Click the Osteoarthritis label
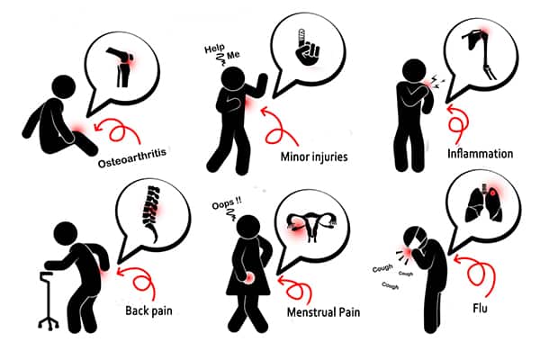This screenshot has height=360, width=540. [x=132, y=157]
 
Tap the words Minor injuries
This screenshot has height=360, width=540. [x=314, y=157]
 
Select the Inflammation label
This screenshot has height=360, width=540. [x=480, y=153]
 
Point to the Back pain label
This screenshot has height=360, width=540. [x=148, y=310]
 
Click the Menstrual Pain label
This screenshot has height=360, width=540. [x=323, y=312]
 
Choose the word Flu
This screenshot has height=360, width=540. [x=480, y=308]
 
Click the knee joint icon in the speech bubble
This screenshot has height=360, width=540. [x=121, y=67]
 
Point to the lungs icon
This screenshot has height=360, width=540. [x=484, y=203]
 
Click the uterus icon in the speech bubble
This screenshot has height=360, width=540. [x=312, y=226]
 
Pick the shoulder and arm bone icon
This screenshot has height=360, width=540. [x=480, y=54]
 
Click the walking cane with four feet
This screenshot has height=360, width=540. [x=49, y=300]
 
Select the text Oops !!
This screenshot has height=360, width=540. [x=227, y=208]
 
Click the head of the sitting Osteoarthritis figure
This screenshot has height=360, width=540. [x=64, y=86]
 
